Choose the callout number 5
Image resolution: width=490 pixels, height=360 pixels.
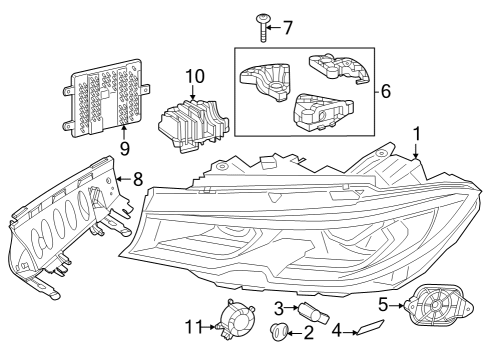tap(382, 305)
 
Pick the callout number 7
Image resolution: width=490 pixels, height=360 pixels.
tap(288, 27)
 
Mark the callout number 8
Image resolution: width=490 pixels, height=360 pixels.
tap(138, 181)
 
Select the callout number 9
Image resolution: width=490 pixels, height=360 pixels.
tap(125, 148)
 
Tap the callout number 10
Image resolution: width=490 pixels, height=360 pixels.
tap(193, 76)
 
